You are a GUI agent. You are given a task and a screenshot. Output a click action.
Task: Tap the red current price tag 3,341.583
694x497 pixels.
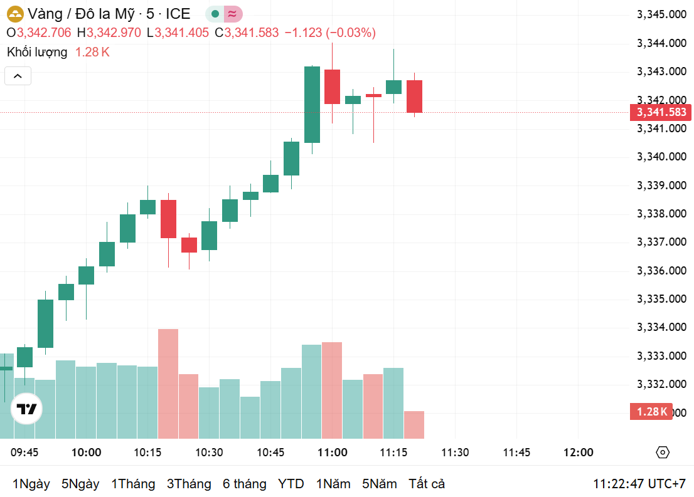click(661, 113)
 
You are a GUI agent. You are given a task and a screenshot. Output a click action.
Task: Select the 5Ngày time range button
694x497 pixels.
click(80, 484)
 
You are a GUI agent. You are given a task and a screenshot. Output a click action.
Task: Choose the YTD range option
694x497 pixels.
click(291, 484)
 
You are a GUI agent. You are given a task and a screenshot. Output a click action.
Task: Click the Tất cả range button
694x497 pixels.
click(427, 484)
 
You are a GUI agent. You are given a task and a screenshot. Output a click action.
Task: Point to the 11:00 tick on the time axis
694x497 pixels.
click(333, 453)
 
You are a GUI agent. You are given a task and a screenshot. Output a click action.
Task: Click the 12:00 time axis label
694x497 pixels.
click(578, 453)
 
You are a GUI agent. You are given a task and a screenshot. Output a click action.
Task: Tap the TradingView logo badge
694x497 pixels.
click(27, 410)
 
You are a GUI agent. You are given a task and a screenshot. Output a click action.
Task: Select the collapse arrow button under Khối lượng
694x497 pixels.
click(18, 76)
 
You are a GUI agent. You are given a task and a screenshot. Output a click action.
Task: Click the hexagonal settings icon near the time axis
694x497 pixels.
click(663, 453)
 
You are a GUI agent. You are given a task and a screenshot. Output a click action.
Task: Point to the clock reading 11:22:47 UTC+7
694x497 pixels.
click(639, 484)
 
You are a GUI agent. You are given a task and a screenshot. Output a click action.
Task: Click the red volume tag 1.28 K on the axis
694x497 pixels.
click(651, 412)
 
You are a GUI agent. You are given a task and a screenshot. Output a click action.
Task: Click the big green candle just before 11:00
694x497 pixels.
click(312, 105)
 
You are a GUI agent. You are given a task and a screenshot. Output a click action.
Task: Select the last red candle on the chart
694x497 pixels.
click(414, 97)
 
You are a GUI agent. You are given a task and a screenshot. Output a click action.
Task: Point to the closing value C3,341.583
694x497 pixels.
click(247, 33)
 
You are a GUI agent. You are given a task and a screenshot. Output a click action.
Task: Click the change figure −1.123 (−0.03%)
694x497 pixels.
click(330, 33)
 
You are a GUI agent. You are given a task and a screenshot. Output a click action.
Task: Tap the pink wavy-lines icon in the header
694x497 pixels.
click(232, 14)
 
